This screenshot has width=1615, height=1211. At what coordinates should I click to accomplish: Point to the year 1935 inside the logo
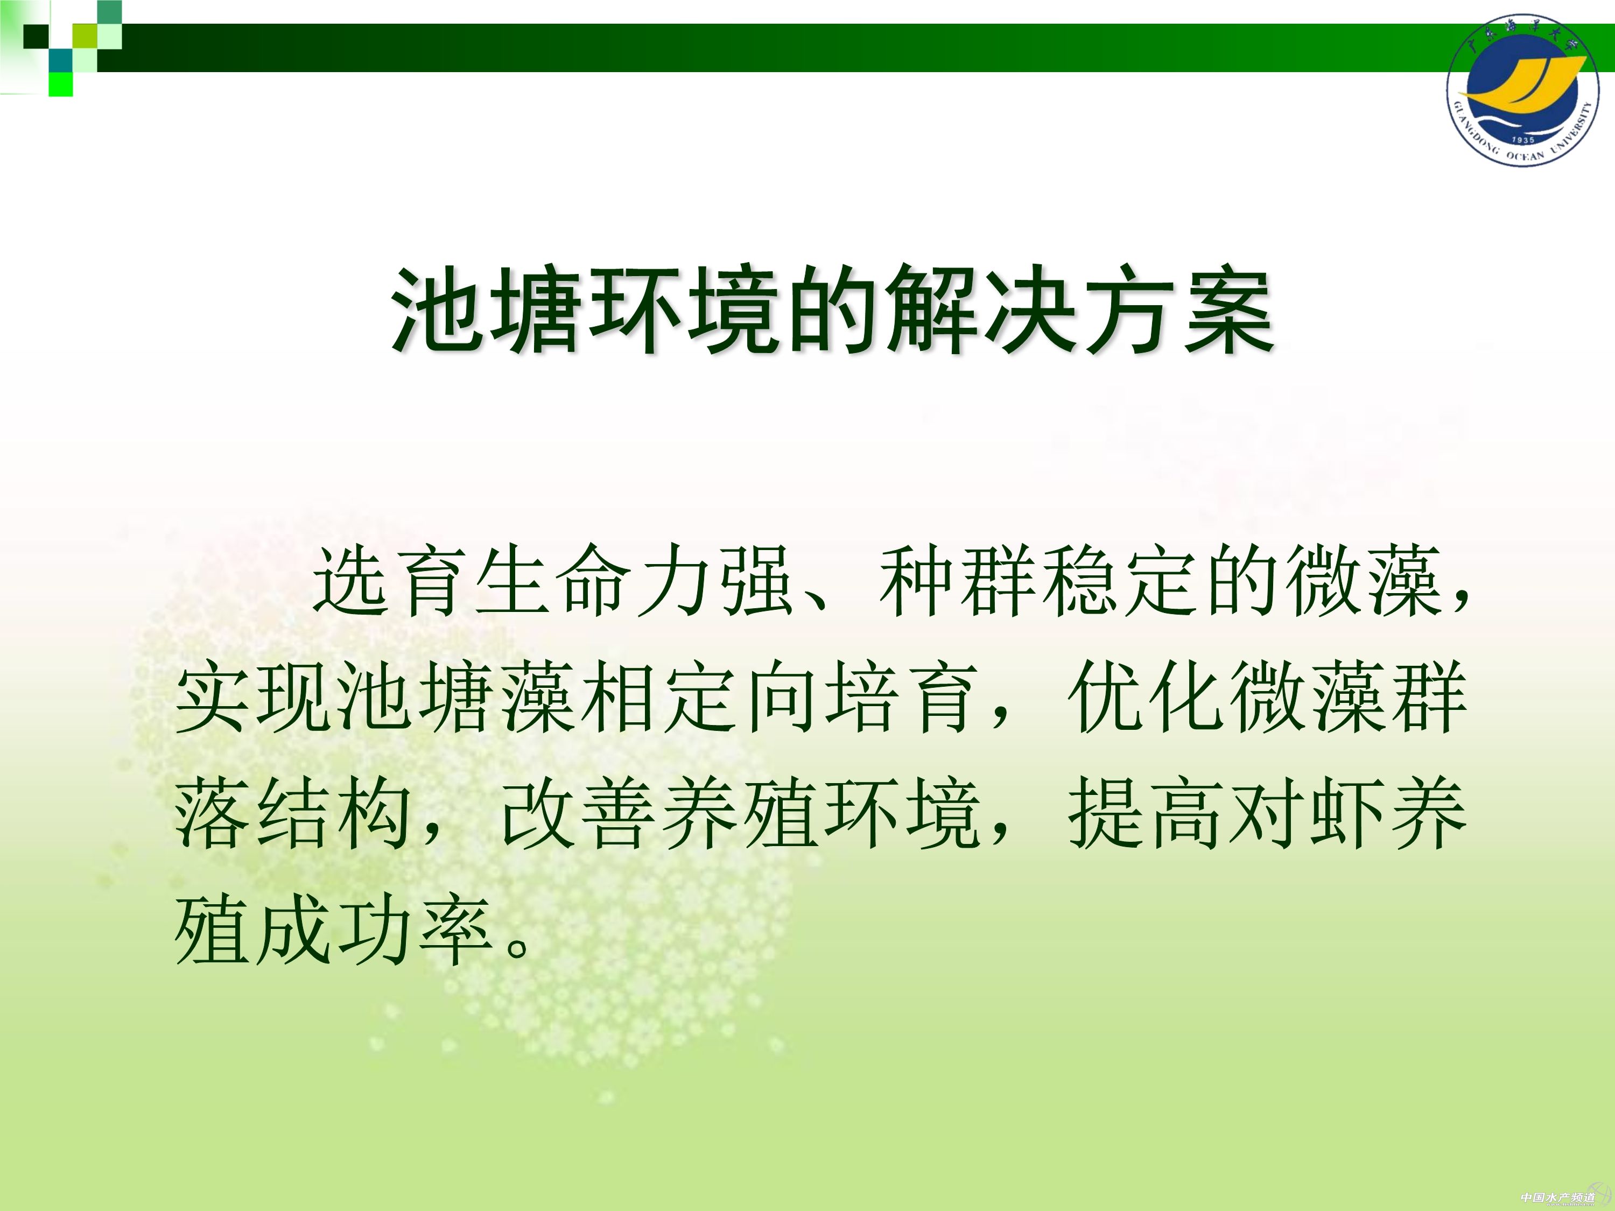(1523, 139)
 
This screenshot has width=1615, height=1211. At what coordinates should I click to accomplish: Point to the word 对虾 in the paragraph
(1307, 813)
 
